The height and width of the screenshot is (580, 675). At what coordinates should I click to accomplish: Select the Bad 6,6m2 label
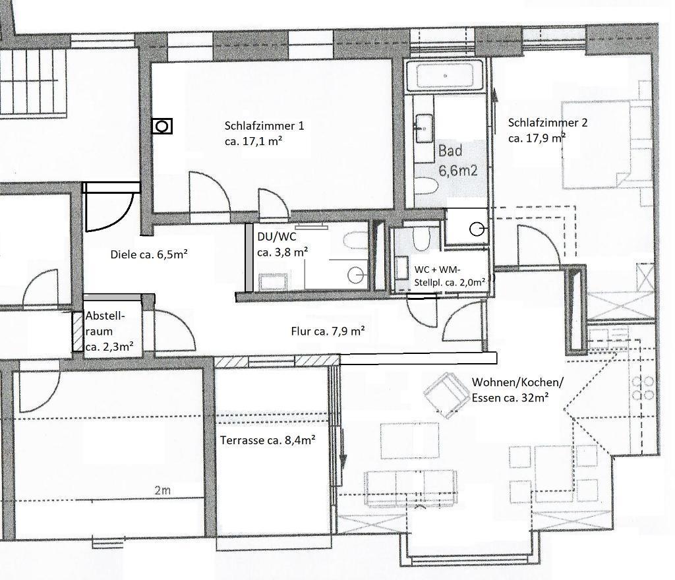tap(457, 161)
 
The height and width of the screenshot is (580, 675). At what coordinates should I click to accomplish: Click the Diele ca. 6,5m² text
tap(148, 254)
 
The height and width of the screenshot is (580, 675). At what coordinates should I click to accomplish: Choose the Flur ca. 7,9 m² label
tap(328, 331)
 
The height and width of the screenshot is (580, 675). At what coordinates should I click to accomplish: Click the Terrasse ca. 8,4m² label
tap(268, 440)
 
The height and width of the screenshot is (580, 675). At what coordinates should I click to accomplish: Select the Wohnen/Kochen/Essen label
tap(517, 390)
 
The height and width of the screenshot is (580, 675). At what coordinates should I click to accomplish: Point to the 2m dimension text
tap(163, 490)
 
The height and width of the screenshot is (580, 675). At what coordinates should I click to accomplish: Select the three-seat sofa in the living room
tap(410, 487)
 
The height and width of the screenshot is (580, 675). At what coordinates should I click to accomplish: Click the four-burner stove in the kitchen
tap(643, 388)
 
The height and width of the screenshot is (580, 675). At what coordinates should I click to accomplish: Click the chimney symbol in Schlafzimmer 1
tap(162, 127)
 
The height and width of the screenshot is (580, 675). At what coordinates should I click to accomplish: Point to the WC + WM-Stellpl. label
tap(450, 275)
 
